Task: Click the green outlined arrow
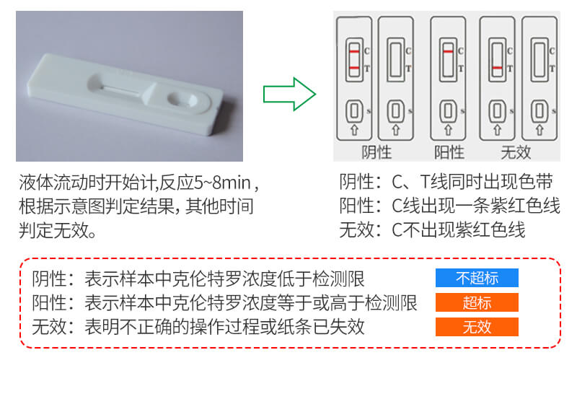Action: (290, 94)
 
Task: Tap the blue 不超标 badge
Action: (477, 278)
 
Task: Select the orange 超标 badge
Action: (477, 302)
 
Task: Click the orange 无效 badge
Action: (477, 327)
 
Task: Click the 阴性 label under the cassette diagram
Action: (376, 152)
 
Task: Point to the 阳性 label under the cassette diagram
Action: (448, 152)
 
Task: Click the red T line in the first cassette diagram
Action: (354, 68)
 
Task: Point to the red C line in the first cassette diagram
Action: (354, 52)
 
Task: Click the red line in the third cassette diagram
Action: (448, 52)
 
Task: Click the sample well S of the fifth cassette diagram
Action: (539, 111)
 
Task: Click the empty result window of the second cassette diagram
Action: (395, 59)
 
